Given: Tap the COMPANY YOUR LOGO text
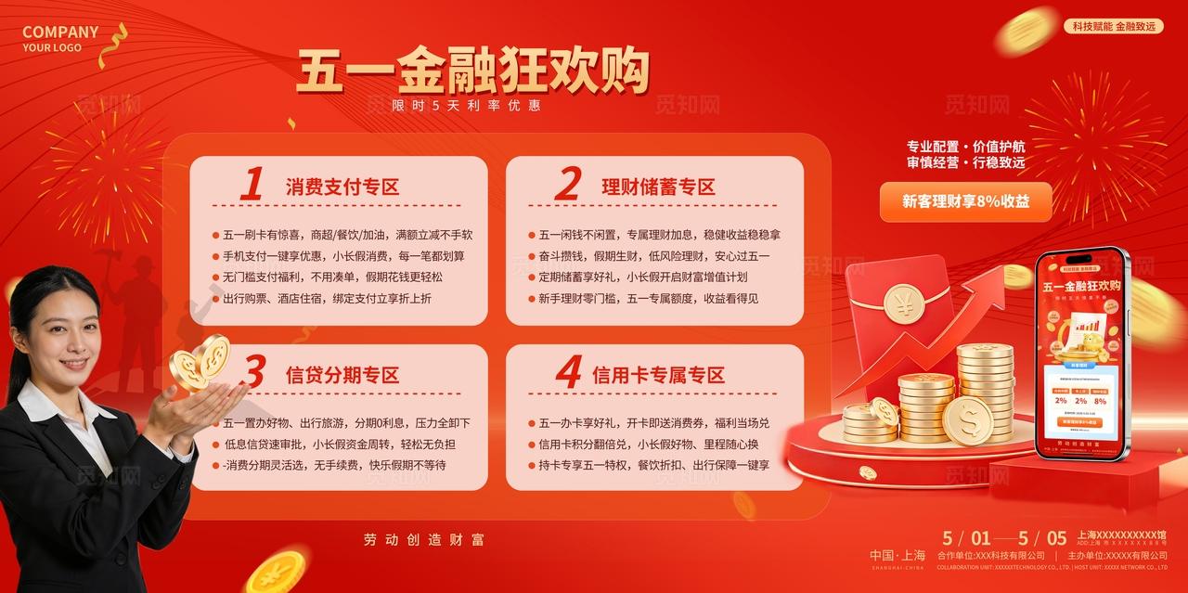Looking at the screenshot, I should click(59, 39).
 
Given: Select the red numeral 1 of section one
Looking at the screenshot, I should click(252, 185).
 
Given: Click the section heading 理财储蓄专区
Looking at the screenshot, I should click(658, 187).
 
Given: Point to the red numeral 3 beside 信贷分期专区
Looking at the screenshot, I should click(252, 373).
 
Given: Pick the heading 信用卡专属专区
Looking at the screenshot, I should click(658, 375).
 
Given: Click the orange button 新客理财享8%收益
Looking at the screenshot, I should click(965, 201).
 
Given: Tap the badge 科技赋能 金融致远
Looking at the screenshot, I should click(1113, 26).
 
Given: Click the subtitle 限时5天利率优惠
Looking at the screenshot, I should click(466, 106).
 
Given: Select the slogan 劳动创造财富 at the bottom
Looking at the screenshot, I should click(423, 539).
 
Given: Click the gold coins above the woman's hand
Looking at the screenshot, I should click(201, 361).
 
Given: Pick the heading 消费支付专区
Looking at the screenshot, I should click(342, 187).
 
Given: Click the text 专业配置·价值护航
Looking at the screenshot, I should click(965, 147).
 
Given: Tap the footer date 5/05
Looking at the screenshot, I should click(1043, 538).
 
